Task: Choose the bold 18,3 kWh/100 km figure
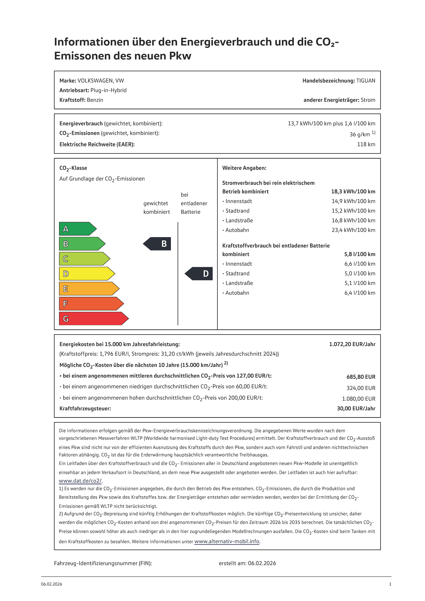(353, 191)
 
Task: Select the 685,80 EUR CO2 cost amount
(361, 377)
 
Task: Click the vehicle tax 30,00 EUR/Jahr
(356, 409)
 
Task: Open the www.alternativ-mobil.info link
(227, 541)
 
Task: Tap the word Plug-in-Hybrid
(108, 90)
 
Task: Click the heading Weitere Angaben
(244, 168)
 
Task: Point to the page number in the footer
(390, 584)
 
